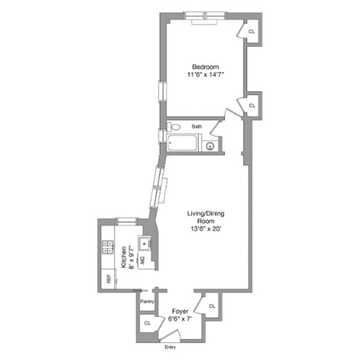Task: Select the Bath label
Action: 197,127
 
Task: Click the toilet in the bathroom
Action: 174,127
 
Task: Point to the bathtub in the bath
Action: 183,143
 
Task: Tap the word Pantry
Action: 147,301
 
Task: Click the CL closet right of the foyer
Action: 212,306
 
